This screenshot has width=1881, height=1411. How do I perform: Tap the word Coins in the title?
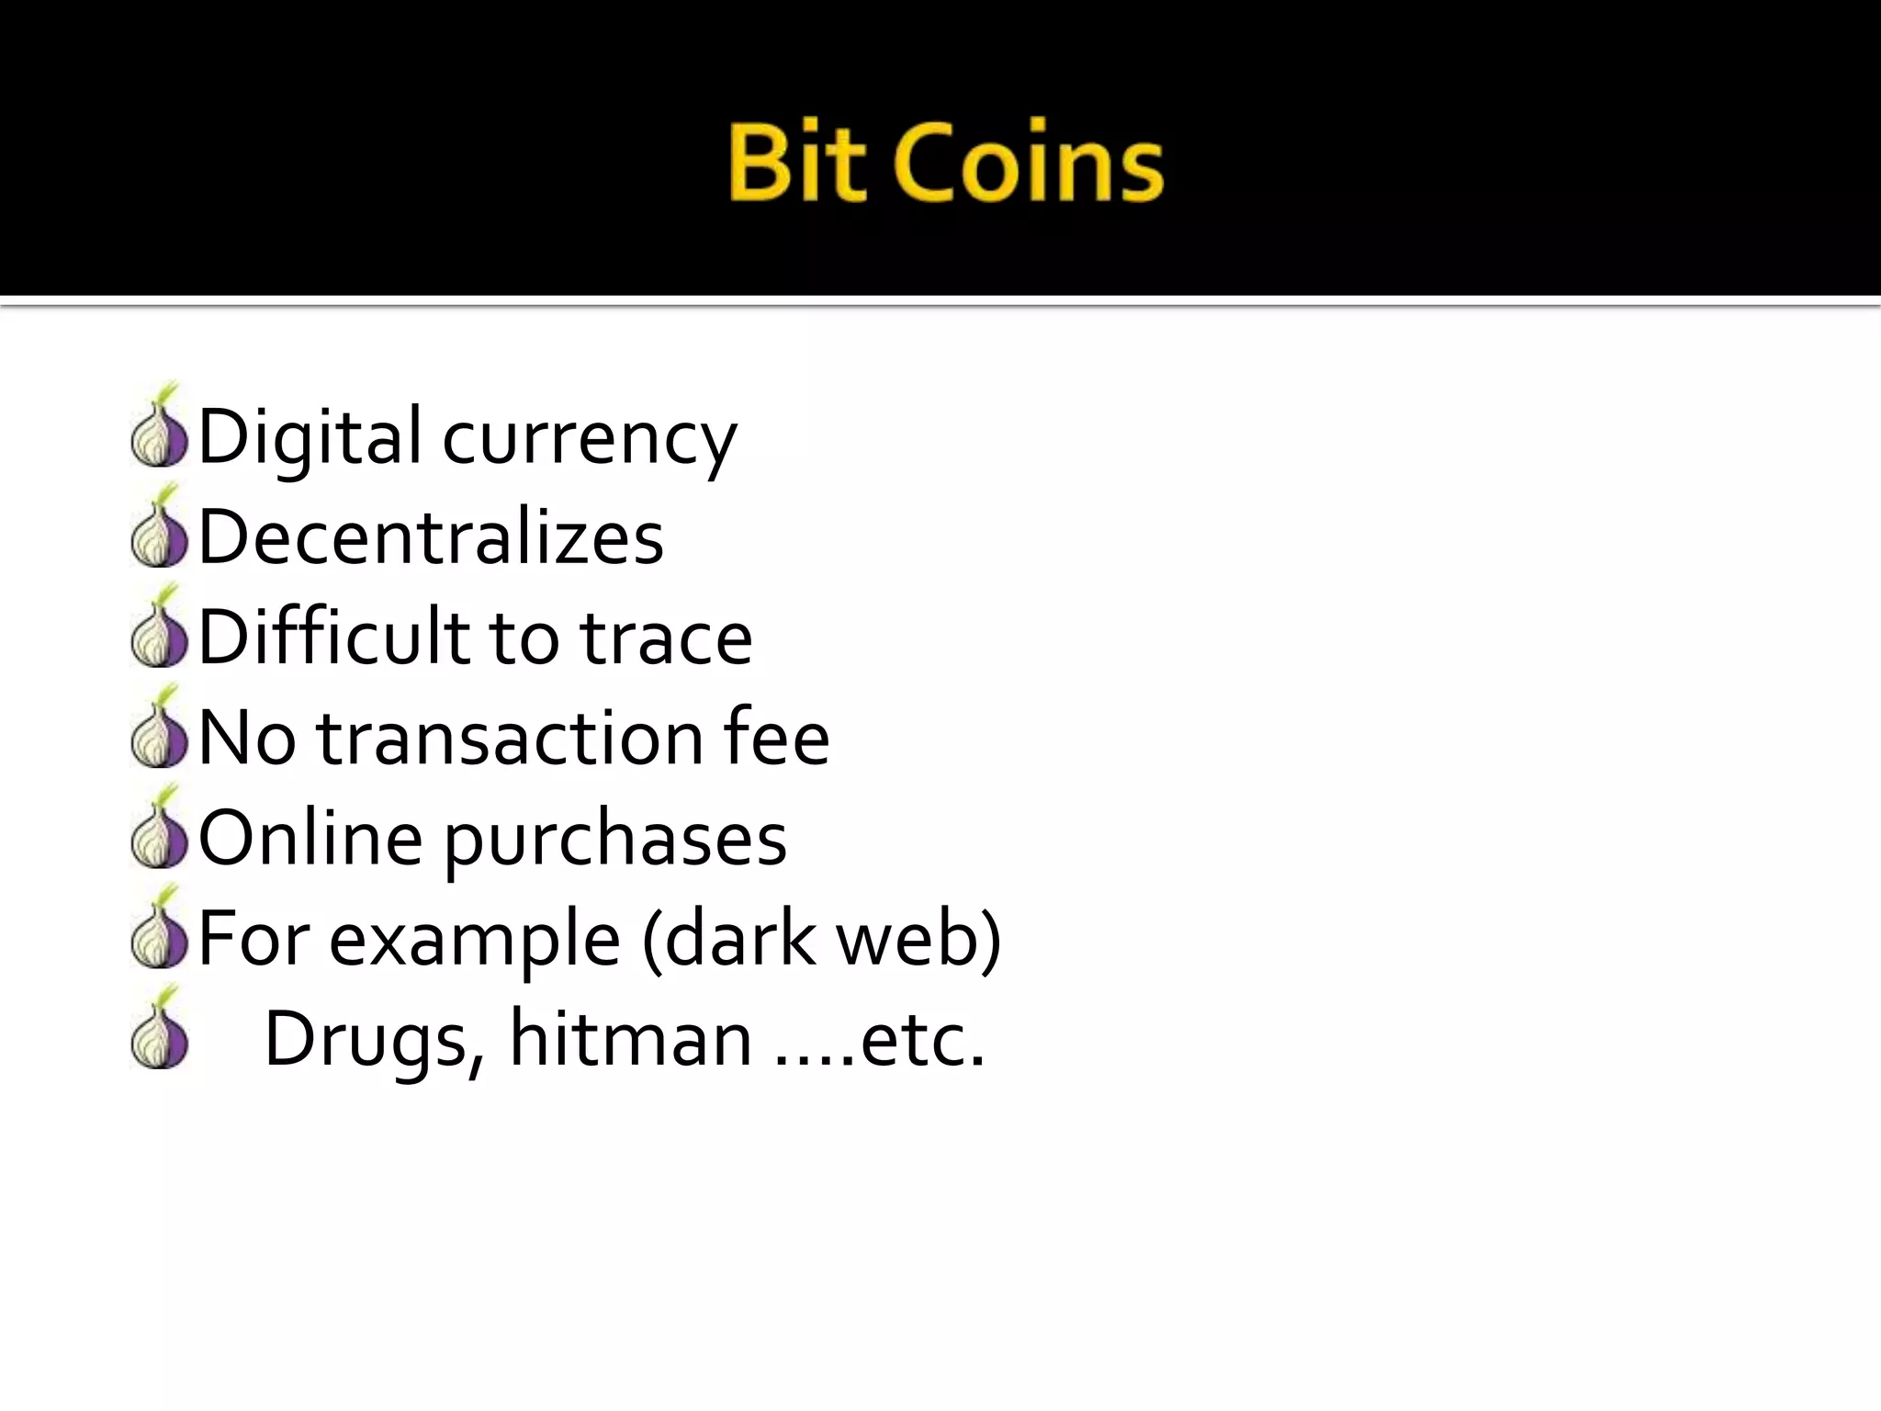point(1028,164)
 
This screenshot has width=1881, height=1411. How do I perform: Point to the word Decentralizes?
point(431,536)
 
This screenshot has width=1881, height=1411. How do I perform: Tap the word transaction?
point(510,738)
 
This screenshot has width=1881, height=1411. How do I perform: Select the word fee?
point(776,738)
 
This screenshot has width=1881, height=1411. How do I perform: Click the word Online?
point(310,838)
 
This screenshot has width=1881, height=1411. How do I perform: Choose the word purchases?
point(616,841)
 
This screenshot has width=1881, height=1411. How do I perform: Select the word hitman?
point(630,1038)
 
